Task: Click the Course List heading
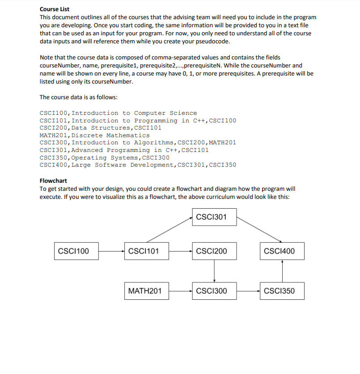pos(55,9)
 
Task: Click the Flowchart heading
pos(53,181)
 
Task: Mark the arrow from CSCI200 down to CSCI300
pos(214,271)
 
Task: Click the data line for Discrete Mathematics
pos(95,135)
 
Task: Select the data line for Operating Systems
pos(105,157)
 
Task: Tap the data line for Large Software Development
pos(138,165)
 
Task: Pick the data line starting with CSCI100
pos(118,113)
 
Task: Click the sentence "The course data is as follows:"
pos(78,97)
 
